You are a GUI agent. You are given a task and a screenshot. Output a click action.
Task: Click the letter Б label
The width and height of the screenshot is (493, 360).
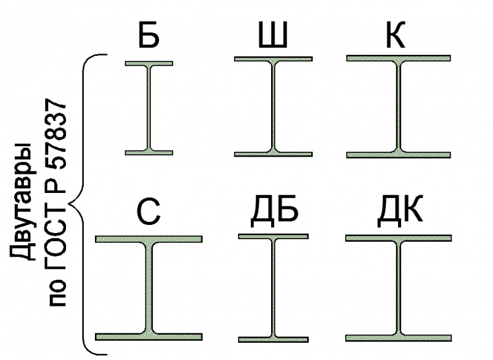tap(149, 35)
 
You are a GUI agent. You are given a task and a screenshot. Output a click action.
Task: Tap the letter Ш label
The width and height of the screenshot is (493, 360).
tap(273, 35)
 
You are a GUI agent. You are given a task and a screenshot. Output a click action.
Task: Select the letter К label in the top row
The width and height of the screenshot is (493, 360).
tap(395, 35)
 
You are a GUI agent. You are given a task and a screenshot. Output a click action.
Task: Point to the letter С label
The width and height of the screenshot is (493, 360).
tap(149, 211)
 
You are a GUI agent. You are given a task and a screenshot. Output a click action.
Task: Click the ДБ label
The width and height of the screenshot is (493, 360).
tap(274, 211)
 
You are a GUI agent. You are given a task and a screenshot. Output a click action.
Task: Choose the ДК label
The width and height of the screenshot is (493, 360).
tap(399, 211)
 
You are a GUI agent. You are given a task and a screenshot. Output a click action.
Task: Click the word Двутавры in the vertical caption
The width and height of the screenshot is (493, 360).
tap(22, 201)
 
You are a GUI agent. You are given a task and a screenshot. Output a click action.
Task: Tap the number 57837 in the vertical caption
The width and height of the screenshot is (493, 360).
tap(57, 134)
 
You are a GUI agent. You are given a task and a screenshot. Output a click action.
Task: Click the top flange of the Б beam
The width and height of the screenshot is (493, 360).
tap(149, 63)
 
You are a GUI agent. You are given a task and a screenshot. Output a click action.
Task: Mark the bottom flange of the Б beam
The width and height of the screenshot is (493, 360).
tap(149, 153)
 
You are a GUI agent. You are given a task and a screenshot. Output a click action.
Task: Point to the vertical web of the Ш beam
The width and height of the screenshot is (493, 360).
tap(273, 106)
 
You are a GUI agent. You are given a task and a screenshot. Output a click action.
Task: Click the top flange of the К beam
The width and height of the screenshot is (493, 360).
tap(399, 58)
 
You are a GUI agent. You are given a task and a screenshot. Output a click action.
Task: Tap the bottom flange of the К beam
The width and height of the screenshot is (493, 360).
tap(399, 155)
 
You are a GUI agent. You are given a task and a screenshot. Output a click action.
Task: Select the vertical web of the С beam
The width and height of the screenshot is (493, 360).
tap(149, 288)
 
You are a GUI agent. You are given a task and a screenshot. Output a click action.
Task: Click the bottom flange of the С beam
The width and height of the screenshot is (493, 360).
tap(149, 337)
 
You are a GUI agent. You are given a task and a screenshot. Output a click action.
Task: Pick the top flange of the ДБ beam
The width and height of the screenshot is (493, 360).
tap(273, 237)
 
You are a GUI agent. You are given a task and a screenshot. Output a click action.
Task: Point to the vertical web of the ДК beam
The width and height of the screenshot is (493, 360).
tap(399, 288)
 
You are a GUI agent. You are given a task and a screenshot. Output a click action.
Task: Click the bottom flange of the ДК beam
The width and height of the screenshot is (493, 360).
tap(399, 338)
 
